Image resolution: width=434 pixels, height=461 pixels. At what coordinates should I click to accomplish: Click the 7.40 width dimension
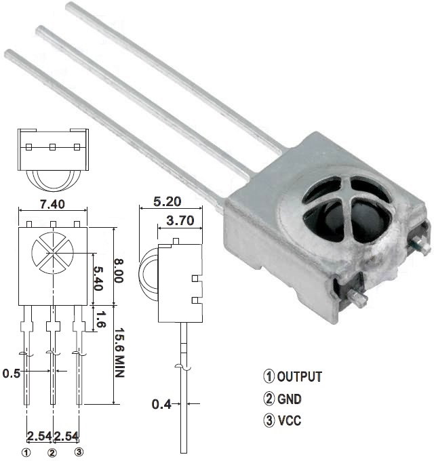(52, 205)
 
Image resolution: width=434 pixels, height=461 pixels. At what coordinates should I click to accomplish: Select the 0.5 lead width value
(10, 373)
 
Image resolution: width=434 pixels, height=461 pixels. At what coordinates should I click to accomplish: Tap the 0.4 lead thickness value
(161, 405)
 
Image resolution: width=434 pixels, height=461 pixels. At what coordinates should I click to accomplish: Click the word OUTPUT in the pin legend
(299, 377)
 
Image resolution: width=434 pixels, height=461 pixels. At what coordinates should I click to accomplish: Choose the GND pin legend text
(290, 399)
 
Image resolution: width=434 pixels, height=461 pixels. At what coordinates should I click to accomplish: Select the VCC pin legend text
(289, 420)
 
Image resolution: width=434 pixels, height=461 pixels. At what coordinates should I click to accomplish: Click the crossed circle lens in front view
(52, 253)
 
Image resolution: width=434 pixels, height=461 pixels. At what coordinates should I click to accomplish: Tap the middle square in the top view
(52, 146)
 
